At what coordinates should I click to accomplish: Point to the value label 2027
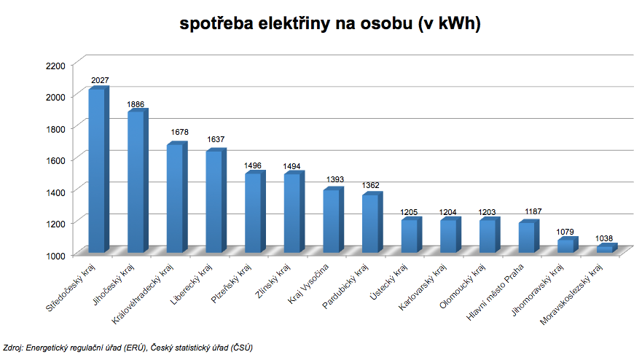pos(100,80)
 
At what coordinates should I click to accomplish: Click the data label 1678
pos(179,133)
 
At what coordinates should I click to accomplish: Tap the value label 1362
pos(371,186)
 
